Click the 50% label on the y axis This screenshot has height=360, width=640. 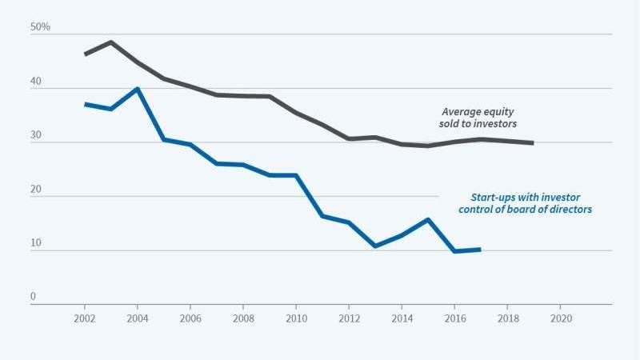click(x=40, y=27)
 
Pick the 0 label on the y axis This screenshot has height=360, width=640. click(x=34, y=297)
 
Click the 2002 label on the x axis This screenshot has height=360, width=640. click(x=85, y=318)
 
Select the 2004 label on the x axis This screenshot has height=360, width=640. click(x=138, y=318)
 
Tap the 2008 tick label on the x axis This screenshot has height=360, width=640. click(x=243, y=318)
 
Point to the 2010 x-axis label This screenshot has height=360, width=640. click(x=296, y=318)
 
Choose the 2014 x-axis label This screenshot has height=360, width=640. click(x=402, y=318)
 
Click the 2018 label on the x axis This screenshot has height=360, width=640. click(x=507, y=318)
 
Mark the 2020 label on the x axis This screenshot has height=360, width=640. click(x=560, y=318)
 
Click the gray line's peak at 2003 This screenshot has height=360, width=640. click(x=111, y=42)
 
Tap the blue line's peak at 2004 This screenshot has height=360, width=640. click(x=138, y=89)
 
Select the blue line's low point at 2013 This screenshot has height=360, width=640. click(x=375, y=246)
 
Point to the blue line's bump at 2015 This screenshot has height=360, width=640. click(x=428, y=219)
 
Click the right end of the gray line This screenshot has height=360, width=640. click(x=533, y=143)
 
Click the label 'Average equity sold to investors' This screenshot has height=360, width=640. click(x=480, y=118)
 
